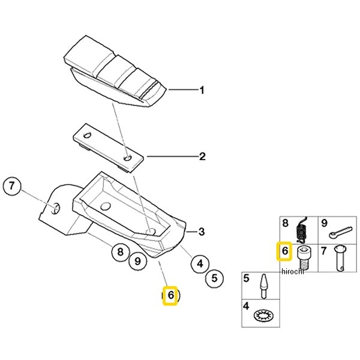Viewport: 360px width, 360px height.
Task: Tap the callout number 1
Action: pos(202,91)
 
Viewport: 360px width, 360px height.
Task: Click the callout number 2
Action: pos(202,157)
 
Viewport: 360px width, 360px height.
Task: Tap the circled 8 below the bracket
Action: pos(121,253)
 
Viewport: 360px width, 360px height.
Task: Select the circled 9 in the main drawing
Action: pos(137,261)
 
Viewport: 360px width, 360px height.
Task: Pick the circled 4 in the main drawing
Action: pos(200,262)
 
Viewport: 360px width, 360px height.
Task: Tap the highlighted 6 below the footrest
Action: pos(170,295)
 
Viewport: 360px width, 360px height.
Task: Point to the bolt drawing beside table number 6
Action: pos(304,256)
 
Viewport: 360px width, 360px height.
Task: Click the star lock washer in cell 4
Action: pos(262,314)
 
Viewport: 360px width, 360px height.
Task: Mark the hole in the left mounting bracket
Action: pos(55,208)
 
